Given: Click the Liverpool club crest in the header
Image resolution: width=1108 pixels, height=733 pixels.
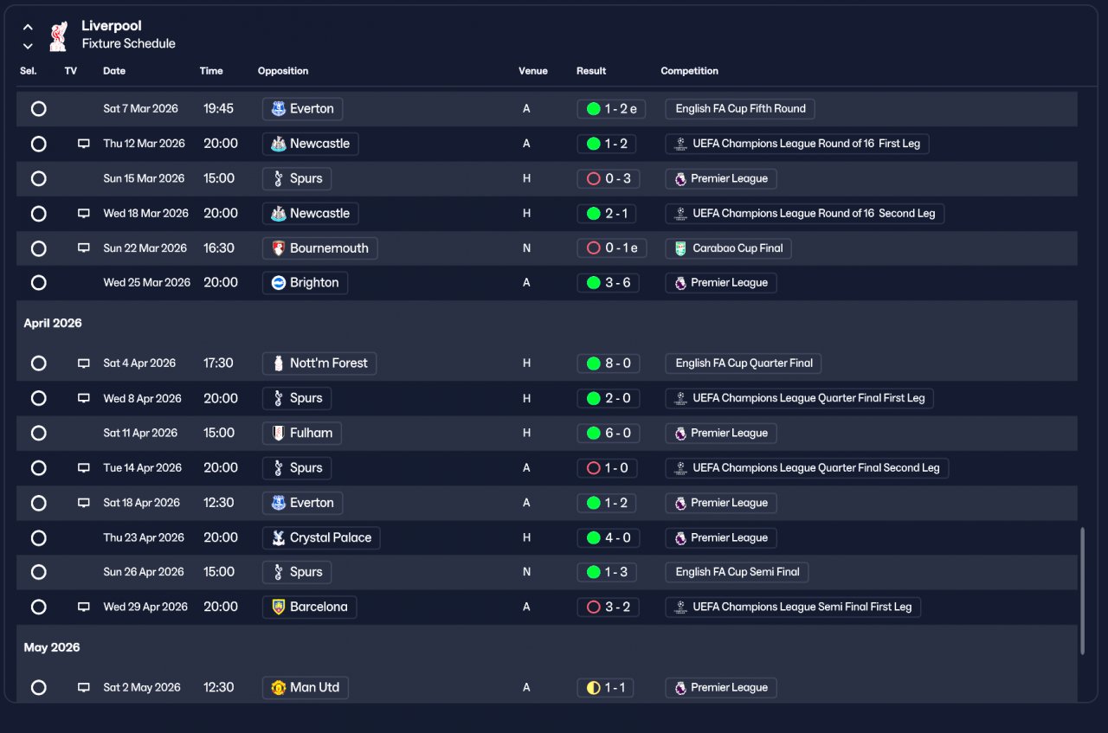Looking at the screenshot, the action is click(x=58, y=35).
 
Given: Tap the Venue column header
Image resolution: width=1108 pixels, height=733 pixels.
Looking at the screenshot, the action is click(x=532, y=71).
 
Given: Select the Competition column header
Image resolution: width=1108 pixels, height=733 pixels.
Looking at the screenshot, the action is click(x=689, y=71).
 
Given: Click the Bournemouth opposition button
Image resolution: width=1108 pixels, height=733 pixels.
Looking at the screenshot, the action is click(x=319, y=248).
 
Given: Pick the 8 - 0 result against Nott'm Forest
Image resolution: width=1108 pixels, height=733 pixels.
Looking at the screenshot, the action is click(x=608, y=363).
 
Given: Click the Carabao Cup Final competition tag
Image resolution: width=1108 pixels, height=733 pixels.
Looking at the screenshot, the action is click(x=728, y=248).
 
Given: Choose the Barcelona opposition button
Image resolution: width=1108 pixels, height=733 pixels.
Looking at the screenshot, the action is click(x=309, y=607).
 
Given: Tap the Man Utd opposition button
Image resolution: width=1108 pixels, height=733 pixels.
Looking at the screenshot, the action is click(x=306, y=687).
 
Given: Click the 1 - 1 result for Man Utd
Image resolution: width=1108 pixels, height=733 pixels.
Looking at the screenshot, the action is click(x=605, y=687).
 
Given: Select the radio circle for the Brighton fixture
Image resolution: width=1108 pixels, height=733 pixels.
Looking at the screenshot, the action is click(x=39, y=283).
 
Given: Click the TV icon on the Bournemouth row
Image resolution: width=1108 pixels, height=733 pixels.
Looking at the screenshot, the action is click(x=84, y=248).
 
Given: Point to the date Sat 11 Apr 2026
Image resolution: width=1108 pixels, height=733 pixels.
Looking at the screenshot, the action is click(x=140, y=433).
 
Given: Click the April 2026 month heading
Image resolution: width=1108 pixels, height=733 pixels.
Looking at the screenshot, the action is click(x=53, y=323).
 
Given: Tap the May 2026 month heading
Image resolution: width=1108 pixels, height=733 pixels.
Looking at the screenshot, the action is click(x=52, y=647).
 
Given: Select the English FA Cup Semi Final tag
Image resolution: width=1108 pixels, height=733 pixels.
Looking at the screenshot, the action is click(x=737, y=572).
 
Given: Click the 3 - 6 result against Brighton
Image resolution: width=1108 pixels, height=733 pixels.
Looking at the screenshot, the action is click(x=608, y=283).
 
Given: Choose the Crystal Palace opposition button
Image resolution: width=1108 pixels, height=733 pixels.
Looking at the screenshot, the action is click(x=321, y=537).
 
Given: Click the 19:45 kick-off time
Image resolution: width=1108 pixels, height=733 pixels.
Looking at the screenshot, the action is click(x=218, y=109).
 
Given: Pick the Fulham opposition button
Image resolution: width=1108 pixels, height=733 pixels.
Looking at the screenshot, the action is click(x=302, y=434).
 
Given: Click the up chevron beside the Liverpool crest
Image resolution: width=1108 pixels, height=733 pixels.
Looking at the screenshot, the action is click(x=29, y=27).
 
